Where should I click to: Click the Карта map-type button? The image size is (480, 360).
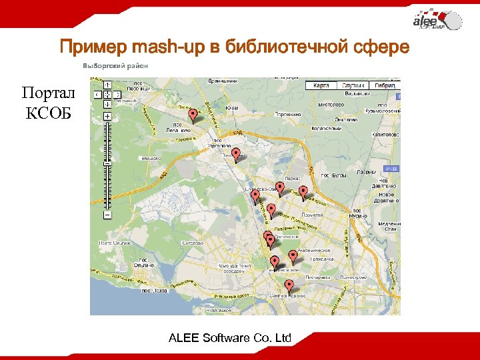pyautogui.click(x=321, y=86)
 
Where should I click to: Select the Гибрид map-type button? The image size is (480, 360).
pyautogui.click(x=385, y=86)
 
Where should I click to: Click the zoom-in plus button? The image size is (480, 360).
pyautogui.click(x=107, y=116)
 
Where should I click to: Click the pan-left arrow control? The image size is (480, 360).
pyautogui.click(x=97, y=94)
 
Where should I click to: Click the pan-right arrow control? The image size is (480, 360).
pyautogui.click(x=116, y=94)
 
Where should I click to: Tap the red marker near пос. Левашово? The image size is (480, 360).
pyautogui.click(x=193, y=115)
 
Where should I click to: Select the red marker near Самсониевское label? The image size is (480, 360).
pyautogui.click(x=255, y=196)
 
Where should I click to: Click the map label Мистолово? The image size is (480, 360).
pyautogui.click(x=331, y=105)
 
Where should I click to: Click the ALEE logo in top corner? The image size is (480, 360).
pyautogui.click(x=436, y=21)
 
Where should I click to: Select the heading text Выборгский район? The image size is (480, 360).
pyautogui.click(x=115, y=66)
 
